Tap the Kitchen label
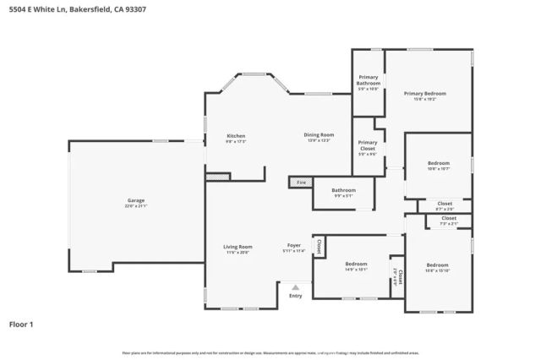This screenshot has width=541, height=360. pos(236,136)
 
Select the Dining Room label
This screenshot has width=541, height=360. pos(319,135)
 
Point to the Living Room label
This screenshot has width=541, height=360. pos(238,247)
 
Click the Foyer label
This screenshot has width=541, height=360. pos(293,247)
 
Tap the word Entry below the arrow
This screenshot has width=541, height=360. pos(295,296)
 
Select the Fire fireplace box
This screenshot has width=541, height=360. pos(300,182)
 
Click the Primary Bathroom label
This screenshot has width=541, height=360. pos(368,80)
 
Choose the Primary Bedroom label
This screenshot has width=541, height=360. pos(424,94)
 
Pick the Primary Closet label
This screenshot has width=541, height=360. pos(368,145)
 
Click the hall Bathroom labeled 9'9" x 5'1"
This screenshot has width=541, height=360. pos(343,191)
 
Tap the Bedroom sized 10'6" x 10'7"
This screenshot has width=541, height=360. pos(438,163)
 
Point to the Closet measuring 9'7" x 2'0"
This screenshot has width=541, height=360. pos(445,204)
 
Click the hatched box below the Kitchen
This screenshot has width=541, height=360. pos(218,177)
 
